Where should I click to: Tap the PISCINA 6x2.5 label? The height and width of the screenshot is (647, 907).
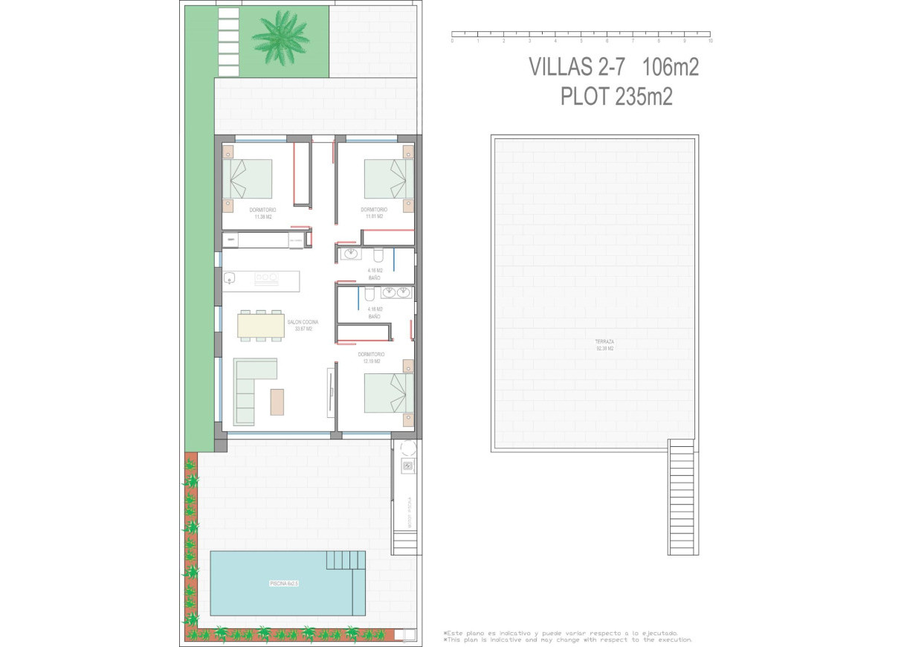284,584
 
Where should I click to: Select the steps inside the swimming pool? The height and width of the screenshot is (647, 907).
346,559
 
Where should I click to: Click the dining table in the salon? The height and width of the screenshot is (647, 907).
260,326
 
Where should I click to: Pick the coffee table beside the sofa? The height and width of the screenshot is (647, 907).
277,402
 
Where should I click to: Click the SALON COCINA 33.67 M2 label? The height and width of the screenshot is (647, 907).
303,325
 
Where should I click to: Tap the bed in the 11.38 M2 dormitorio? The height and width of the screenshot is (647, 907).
248,179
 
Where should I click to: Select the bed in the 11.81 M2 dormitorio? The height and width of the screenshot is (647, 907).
388,179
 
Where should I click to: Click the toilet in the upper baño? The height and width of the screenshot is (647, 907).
378,257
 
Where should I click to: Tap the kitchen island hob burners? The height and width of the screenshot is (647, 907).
266,278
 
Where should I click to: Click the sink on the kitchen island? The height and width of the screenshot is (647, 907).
230,278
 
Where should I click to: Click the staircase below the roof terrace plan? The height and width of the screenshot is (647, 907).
681,497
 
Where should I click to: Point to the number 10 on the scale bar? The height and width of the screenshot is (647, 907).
710,42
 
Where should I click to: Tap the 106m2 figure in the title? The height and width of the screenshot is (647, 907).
671,67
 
